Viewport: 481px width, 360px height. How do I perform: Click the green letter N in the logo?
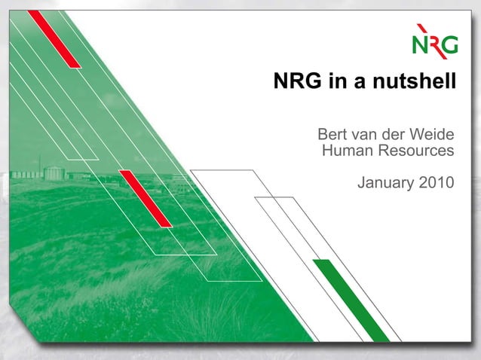[x=420, y=45]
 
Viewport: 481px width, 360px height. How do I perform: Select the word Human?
[x=344, y=151]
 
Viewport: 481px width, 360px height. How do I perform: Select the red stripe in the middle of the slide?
[x=146, y=198]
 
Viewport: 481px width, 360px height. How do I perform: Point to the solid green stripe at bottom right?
[x=351, y=300]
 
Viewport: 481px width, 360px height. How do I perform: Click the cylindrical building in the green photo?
[x=54, y=173]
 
